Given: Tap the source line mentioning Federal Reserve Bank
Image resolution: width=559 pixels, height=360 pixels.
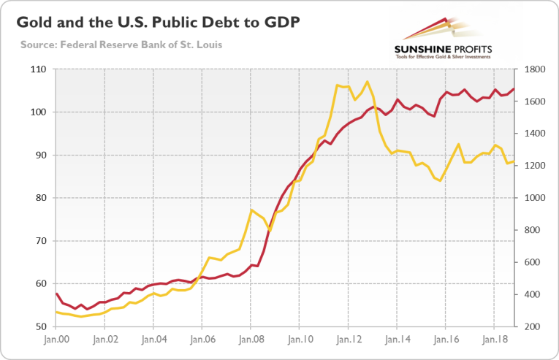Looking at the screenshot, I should pos(121,45).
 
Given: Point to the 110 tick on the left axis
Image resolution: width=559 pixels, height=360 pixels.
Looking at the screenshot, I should pos(39,69).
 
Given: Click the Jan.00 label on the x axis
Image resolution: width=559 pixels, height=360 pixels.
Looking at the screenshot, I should pos(56,340).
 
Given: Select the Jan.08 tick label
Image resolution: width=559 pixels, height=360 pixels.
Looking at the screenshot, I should pos(251,340).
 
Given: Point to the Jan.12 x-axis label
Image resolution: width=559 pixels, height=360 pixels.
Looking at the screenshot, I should pos(349,340).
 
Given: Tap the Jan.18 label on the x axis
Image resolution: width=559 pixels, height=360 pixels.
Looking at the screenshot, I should pos(495,340).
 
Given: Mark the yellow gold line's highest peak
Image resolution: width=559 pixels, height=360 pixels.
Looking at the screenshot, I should pos(367,81).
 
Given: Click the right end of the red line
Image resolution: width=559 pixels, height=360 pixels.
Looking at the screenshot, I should pos(514,89).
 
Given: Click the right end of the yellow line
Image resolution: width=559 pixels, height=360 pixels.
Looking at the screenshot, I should pos(514,161).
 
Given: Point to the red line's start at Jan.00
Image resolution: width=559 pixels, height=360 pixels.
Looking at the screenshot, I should pos(56,294).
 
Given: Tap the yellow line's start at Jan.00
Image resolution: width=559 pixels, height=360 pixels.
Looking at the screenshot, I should pos(56,312).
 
